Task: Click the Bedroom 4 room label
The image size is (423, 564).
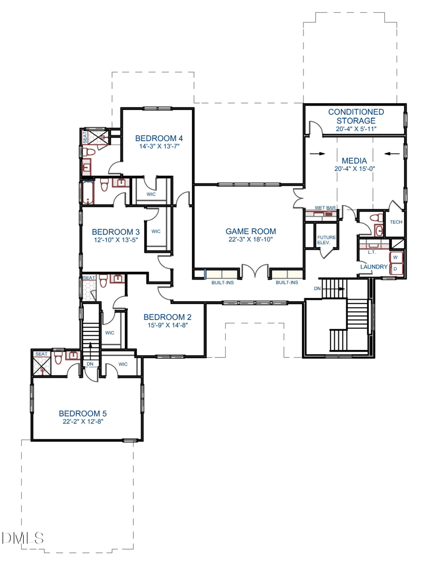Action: point(159,138)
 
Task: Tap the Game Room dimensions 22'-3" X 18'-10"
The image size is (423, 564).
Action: point(251,239)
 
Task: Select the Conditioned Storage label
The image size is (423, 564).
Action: point(356,116)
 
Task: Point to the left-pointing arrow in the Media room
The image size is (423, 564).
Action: point(392,154)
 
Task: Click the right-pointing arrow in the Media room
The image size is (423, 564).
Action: point(317,154)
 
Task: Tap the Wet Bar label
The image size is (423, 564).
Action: point(325,208)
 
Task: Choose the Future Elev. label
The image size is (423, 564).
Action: point(326,240)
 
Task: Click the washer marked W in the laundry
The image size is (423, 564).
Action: point(396,257)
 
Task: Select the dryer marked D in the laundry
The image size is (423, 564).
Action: point(396,269)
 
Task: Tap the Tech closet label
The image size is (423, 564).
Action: point(396,222)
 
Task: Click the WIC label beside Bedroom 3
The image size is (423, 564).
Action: point(156,232)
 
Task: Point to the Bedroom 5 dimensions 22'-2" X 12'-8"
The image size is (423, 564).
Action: point(82,422)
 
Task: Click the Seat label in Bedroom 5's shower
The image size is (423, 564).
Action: point(41,354)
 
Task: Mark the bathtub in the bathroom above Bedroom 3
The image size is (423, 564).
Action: point(88,192)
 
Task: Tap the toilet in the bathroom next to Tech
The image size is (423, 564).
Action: point(376,218)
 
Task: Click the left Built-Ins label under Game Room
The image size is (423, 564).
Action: point(223,283)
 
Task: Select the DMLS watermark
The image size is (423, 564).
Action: point(23,538)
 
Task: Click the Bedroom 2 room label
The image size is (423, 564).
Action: point(167,317)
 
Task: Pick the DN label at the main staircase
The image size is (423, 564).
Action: point(317,289)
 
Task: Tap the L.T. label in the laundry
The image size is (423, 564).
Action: point(372,252)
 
